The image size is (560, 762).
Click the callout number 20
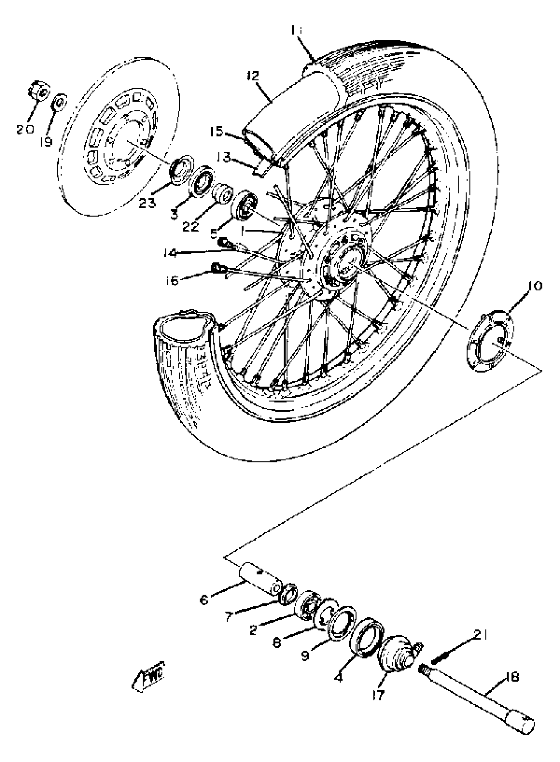pyautogui.click(x=25, y=129)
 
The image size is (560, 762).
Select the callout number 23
pyautogui.click(x=147, y=203)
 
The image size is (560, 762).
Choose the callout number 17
pyautogui.click(x=378, y=695)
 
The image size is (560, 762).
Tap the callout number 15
pyautogui.click(x=216, y=131)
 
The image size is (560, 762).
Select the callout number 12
pyautogui.click(x=253, y=75)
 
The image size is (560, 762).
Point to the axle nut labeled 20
pyautogui.click(x=39, y=91)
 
